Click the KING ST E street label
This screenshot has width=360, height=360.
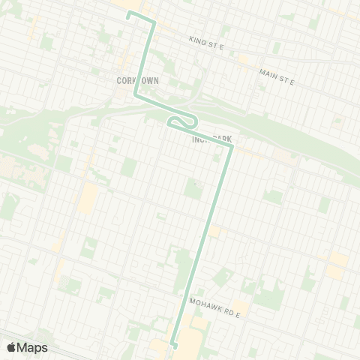(x=207, y=44)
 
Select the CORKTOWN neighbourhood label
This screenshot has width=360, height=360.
(x=135, y=79)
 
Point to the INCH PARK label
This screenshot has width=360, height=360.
(x=212, y=139)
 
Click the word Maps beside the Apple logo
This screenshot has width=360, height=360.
(x=32, y=347)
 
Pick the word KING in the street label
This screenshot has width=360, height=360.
(x=197, y=40)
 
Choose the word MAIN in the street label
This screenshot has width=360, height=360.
(x=268, y=72)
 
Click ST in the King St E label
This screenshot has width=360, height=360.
(x=211, y=45)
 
